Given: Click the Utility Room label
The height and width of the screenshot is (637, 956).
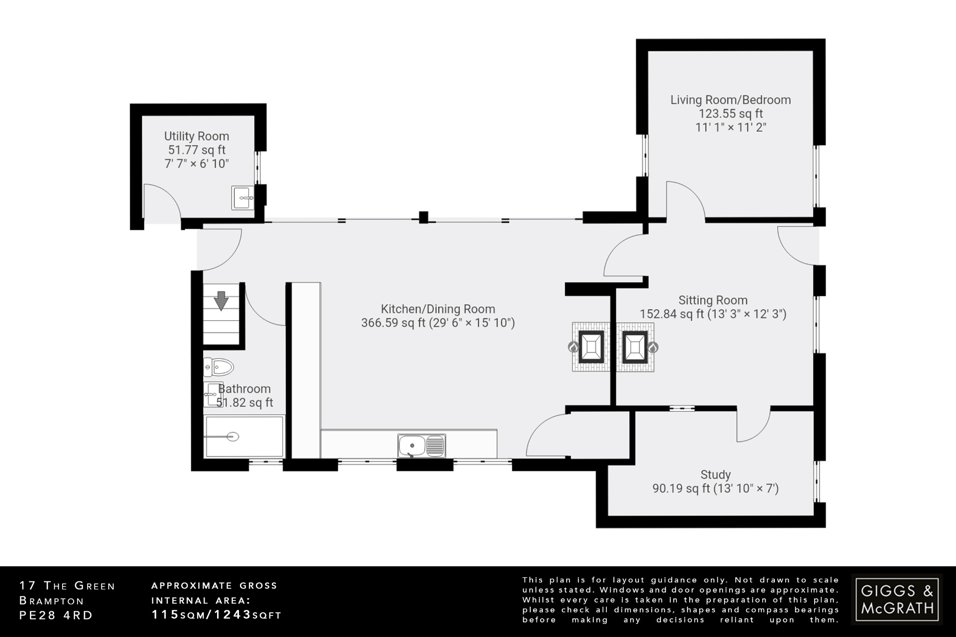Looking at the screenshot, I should coord(197,136).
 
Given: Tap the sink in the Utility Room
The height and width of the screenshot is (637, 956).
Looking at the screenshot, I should coord(243,198).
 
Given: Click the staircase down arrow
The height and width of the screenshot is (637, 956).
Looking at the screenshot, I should coord(221,301).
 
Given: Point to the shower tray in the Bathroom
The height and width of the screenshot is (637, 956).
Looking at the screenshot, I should coord(244,437).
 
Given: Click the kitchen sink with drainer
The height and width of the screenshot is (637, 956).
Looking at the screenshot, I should coord(422,445).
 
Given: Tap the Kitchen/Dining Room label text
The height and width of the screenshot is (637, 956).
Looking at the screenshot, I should coord(437,309).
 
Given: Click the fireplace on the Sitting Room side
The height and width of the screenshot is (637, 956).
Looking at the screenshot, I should coord(635,347).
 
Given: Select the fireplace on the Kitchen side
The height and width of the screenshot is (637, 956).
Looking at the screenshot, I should coord(591,347).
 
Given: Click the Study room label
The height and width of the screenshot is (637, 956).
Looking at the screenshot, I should coord(715,475).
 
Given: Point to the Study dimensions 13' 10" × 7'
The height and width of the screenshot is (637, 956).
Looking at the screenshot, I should coord(746,489).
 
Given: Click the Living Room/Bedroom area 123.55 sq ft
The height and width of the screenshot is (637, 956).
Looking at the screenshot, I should coord(730,113).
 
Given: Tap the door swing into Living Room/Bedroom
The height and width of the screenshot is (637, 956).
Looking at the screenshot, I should coord(684,198).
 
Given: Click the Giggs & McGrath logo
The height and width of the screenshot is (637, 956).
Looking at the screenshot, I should coord(896,599).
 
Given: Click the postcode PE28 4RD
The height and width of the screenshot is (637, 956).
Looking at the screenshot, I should coord(56,616).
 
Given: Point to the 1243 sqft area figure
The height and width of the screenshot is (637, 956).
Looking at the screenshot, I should coord(232,615).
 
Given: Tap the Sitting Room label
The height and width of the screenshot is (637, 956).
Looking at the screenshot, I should coord(712,300).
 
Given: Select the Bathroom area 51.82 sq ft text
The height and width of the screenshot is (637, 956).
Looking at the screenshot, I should coord(245,403).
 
